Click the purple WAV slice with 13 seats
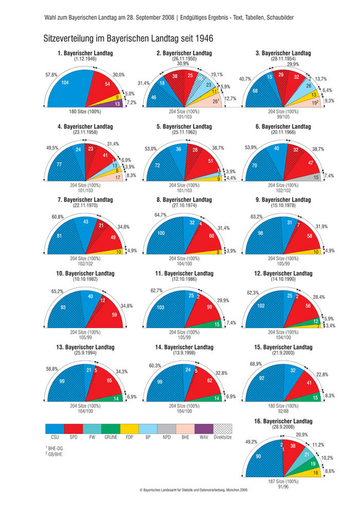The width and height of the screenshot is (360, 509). [x=117, y=103]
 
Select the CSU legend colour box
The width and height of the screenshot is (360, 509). [x=55, y=429]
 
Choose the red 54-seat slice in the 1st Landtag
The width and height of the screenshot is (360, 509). [x=107, y=85]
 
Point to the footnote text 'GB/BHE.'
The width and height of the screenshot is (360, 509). [x=58, y=454]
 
